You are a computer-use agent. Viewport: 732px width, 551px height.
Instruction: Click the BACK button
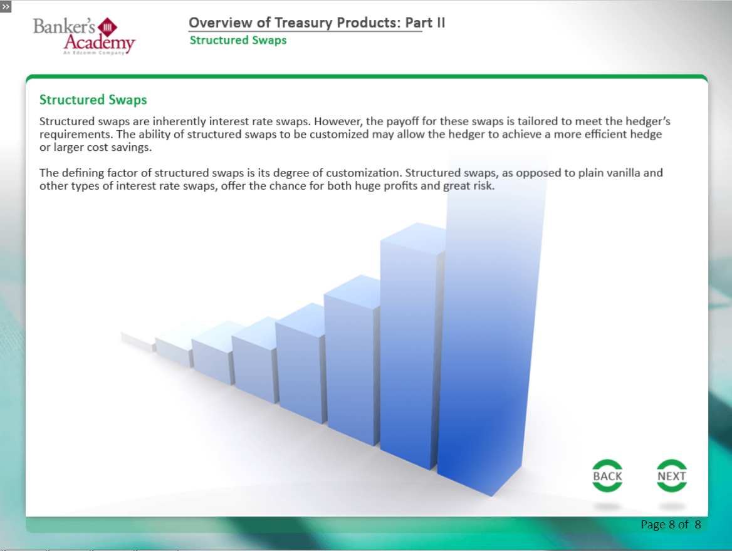(x=607, y=476)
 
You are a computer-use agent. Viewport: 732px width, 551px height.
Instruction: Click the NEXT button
(x=671, y=476)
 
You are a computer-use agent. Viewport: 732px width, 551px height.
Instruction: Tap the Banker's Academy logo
(x=83, y=35)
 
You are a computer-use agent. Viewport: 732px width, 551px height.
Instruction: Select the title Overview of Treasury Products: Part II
(x=316, y=23)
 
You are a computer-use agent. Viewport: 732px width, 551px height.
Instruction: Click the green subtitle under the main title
(x=238, y=40)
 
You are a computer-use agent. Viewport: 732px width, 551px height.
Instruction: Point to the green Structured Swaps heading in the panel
(x=93, y=100)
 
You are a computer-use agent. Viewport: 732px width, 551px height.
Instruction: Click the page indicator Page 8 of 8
(x=670, y=525)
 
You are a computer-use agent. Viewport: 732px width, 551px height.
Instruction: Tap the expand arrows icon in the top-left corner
(x=6, y=6)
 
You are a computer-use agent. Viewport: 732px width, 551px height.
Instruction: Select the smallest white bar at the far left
(x=138, y=340)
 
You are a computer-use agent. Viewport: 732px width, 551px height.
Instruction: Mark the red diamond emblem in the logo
(x=109, y=27)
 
